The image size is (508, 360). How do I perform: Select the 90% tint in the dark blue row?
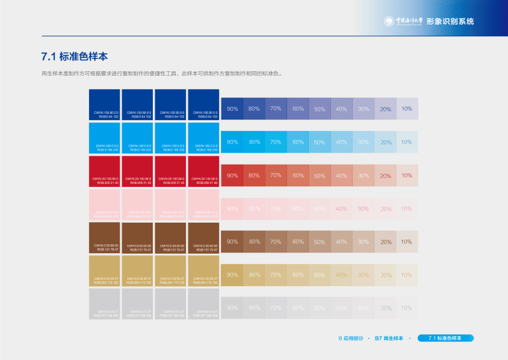[x=232, y=109]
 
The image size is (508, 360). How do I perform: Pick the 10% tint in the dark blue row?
[x=407, y=109]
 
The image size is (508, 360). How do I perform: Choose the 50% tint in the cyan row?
[x=320, y=142]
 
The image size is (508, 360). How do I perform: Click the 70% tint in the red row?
[x=276, y=175]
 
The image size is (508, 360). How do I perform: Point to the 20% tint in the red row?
[x=386, y=176]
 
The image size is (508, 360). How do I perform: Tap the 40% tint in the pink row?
[x=341, y=209]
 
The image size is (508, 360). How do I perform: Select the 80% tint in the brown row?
[x=254, y=242]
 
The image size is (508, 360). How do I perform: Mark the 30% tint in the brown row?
[x=363, y=242]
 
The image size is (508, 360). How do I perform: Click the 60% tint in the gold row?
[x=298, y=275]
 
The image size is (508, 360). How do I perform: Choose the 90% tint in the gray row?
[x=232, y=308]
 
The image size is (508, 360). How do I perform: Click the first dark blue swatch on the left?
[x=104, y=104]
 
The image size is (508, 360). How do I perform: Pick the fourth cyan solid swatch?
[x=204, y=137]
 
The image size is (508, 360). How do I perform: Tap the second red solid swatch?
[x=138, y=170]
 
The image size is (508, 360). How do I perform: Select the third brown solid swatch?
[x=171, y=237]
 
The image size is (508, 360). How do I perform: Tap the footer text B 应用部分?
[x=351, y=338]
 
